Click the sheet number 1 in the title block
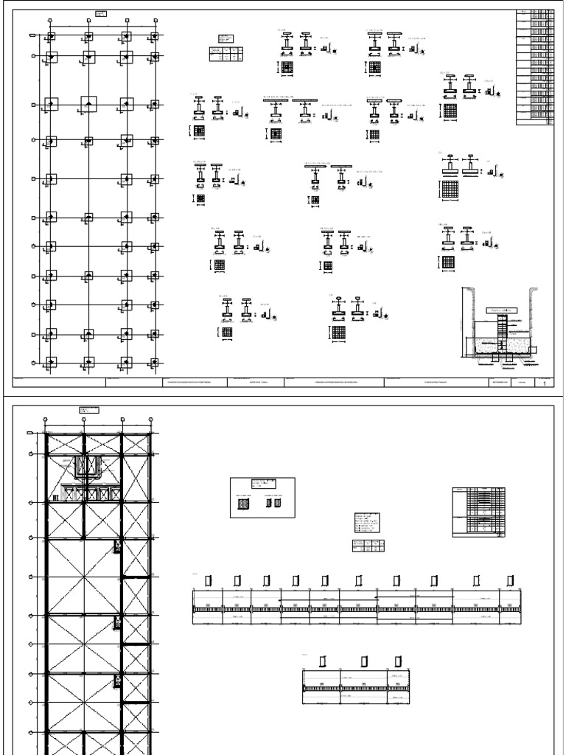(x=544, y=383)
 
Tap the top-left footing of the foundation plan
(x=51, y=36)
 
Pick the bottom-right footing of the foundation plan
(x=154, y=361)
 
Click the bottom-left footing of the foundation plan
(x=51, y=361)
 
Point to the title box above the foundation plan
(x=101, y=14)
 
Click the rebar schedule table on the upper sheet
(x=534, y=67)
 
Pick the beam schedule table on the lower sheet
(x=478, y=513)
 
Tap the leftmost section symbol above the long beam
(x=209, y=580)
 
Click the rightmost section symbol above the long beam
(x=510, y=580)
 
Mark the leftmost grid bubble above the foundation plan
(x=49, y=20)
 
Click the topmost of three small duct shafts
(x=116, y=546)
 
